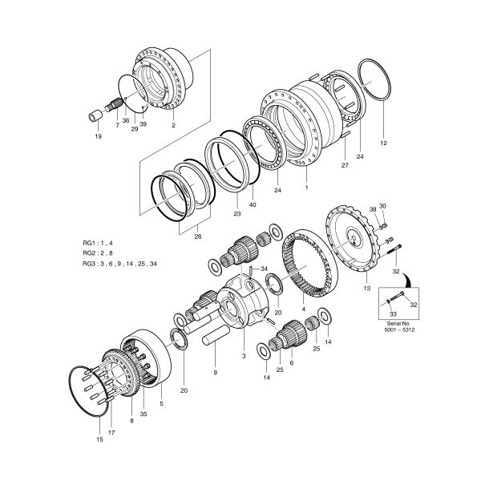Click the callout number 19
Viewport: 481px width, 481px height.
point(98,136)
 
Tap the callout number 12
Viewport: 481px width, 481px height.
point(383,143)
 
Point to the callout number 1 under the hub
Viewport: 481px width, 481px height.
point(305,186)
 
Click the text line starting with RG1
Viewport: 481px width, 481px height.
point(98,241)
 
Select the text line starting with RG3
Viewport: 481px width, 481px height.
point(119,264)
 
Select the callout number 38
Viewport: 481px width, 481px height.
point(372,211)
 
